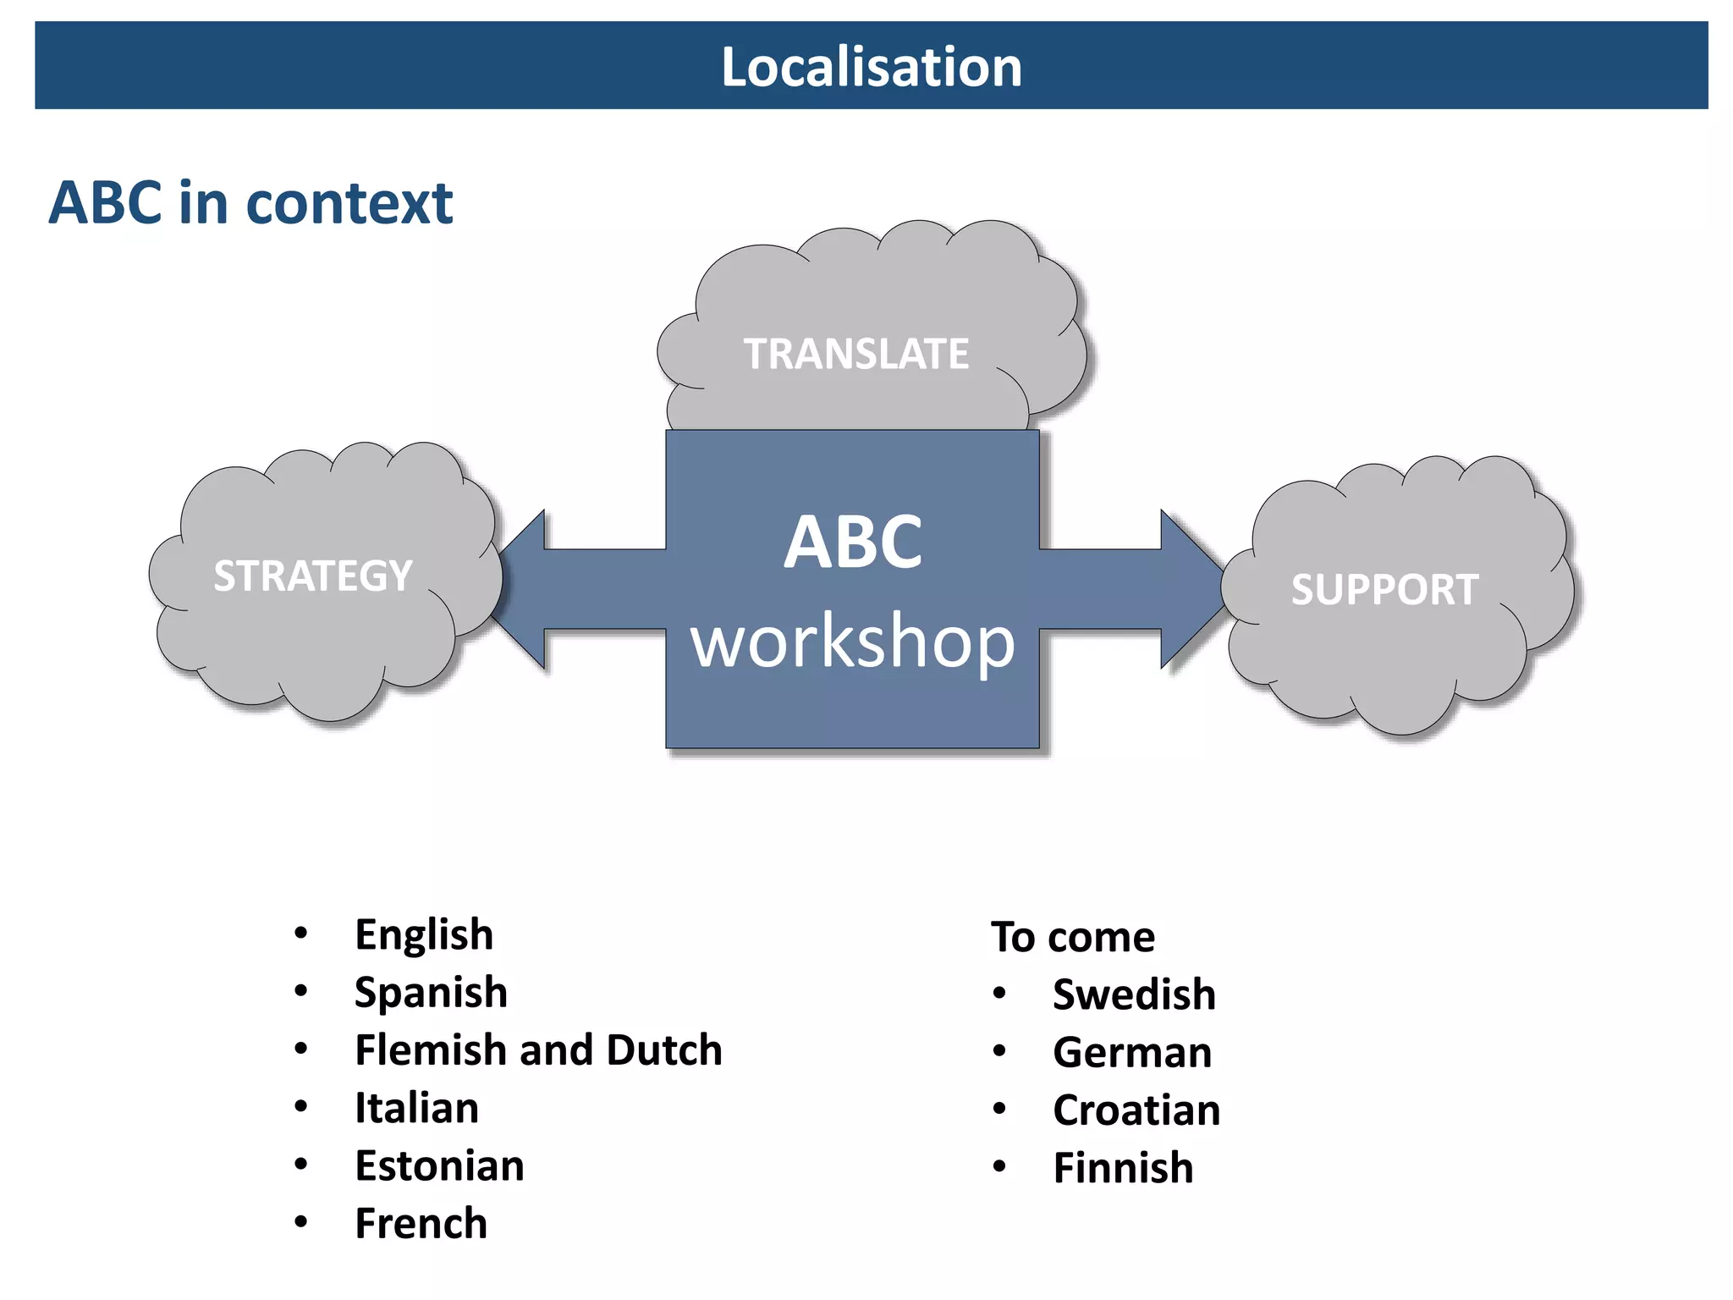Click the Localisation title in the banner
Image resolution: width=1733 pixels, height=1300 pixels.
pyautogui.click(x=871, y=67)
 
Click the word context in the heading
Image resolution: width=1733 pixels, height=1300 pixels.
pyautogui.click(x=349, y=203)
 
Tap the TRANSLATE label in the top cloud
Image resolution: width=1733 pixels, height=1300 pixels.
pyautogui.click(x=855, y=354)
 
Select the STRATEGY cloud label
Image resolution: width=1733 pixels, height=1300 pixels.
pyautogui.click(x=312, y=576)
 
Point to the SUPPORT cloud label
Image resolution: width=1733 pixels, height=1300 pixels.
pyautogui.click(x=1384, y=589)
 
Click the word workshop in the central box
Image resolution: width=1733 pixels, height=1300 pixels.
pyautogui.click(x=852, y=642)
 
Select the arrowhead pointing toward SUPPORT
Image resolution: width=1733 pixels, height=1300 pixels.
pyautogui.click(x=1189, y=589)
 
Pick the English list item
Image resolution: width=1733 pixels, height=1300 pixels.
pyautogui.click(x=423, y=934)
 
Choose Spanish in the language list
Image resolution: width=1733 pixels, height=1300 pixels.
pyautogui.click(x=430, y=992)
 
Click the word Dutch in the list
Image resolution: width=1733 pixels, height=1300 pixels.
pyautogui.click(x=663, y=1049)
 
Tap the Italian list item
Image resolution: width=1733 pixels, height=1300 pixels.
pyautogui.click(x=416, y=1108)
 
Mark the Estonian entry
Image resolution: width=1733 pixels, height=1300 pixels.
pyautogui.click(x=439, y=1165)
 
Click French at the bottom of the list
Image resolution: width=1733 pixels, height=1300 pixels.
pyautogui.click(x=421, y=1224)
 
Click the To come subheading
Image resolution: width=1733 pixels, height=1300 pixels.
pyautogui.click(x=1072, y=937)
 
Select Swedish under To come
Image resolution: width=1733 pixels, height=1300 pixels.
pyautogui.click(x=1133, y=994)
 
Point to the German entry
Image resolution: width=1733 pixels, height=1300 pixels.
pyautogui.click(x=1131, y=1052)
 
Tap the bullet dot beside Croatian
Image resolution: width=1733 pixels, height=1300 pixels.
pyautogui.click(x=999, y=1109)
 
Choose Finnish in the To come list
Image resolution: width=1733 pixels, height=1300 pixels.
pyautogui.click(x=1122, y=1168)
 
